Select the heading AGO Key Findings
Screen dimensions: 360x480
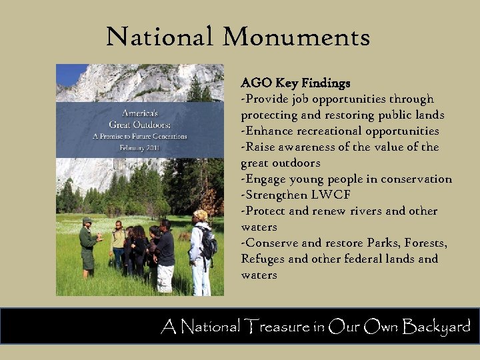click(x=295, y=83)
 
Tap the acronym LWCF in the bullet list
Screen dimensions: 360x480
click(x=329, y=195)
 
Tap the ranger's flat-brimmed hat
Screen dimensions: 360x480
click(x=87, y=220)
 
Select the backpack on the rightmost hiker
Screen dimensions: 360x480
click(x=209, y=245)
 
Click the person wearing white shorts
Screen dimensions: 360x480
click(x=165, y=257)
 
